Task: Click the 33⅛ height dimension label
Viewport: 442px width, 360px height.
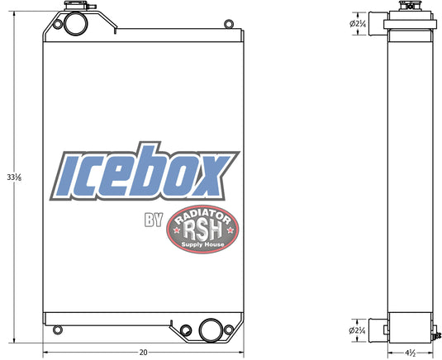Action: click(x=14, y=178)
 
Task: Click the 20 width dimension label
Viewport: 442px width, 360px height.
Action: click(x=143, y=352)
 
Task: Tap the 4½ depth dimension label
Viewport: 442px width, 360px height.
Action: click(x=411, y=353)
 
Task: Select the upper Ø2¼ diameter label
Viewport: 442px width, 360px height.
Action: click(x=358, y=24)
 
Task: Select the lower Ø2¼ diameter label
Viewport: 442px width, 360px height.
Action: click(x=357, y=330)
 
